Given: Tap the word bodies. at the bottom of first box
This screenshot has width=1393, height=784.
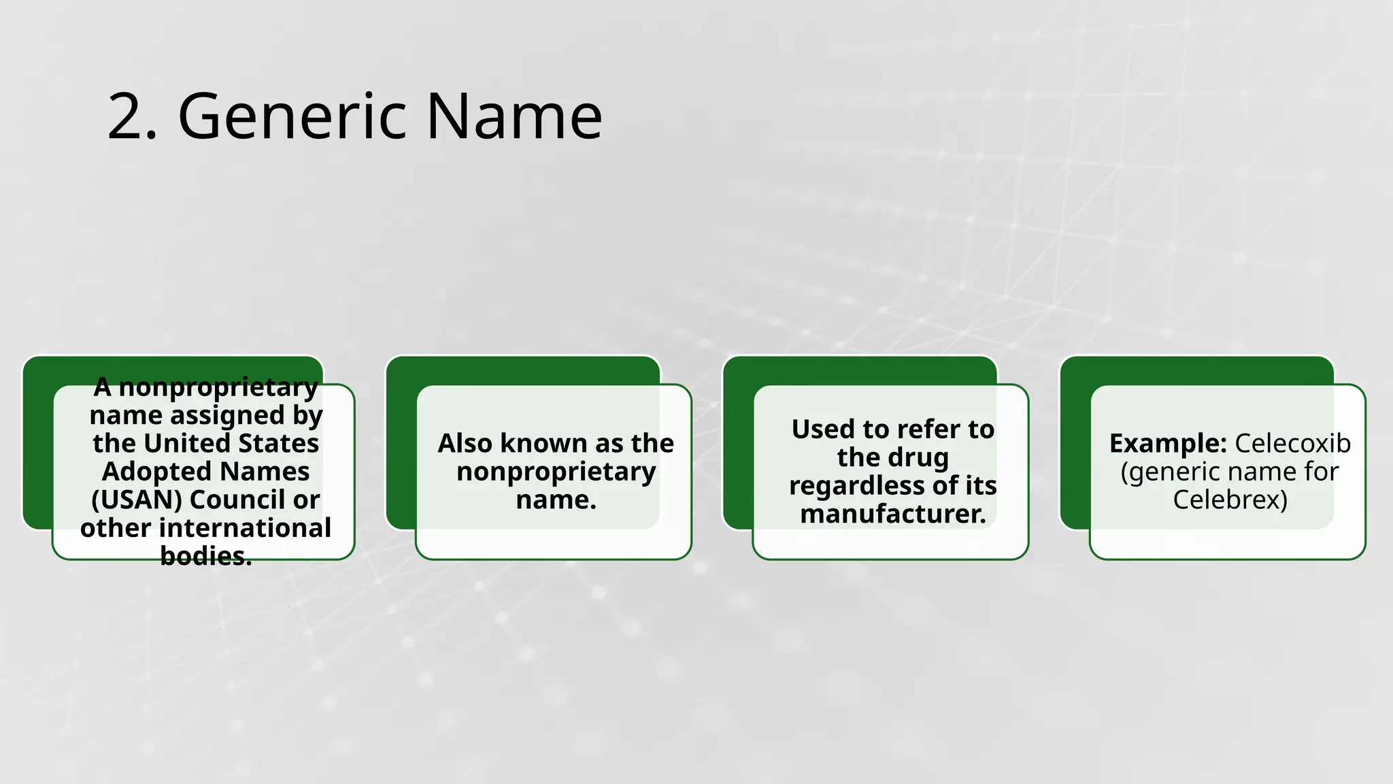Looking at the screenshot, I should (206, 556).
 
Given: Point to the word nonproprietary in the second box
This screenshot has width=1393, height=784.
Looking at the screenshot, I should (556, 472).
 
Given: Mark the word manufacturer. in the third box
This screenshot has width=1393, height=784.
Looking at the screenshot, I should (893, 514).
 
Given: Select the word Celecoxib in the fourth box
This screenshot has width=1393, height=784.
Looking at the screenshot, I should (1292, 443).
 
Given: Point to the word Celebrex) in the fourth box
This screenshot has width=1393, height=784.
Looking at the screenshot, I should (1230, 500).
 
